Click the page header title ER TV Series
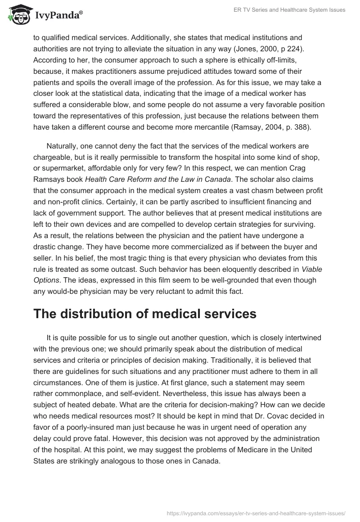pos(295,10)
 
